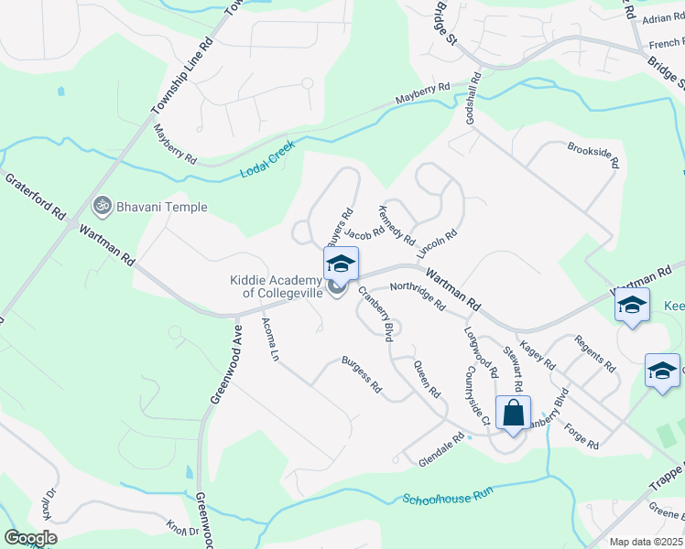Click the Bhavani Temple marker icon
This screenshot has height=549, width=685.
[103, 206]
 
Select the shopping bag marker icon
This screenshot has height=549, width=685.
[514, 414]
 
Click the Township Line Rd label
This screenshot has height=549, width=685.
[182, 87]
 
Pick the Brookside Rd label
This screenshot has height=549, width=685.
[593, 155]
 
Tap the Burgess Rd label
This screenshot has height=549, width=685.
[362, 374]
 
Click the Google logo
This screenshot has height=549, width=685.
[30, 537]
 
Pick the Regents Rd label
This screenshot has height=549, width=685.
[594, 353]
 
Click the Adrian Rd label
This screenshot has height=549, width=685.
[664, 17]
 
